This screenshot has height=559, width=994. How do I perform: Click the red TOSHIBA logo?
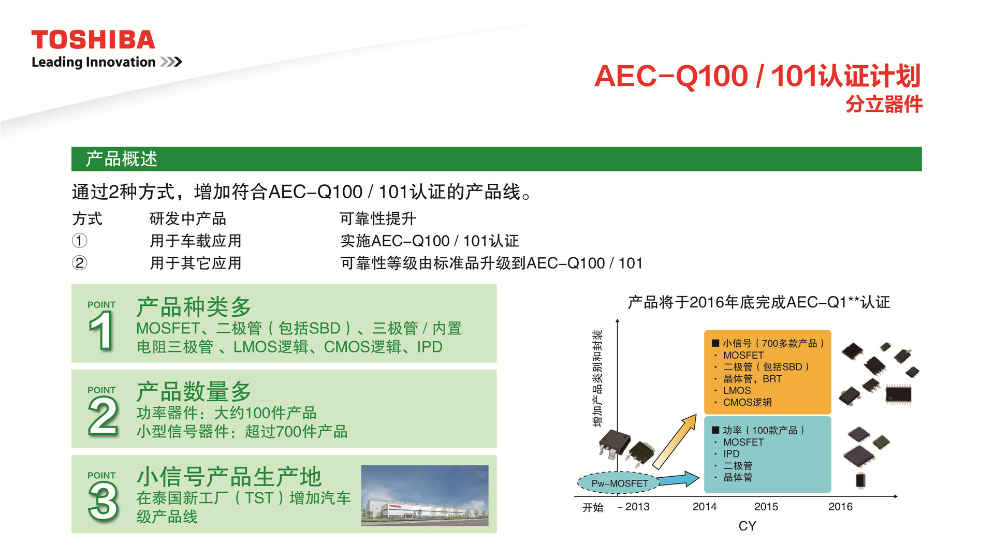point(93,40)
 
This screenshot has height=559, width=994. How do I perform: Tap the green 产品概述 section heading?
point(121,159)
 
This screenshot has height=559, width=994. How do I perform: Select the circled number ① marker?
point(79,241)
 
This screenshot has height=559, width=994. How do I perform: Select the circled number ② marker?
point(79,263)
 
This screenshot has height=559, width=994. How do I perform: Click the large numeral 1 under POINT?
point(101,331)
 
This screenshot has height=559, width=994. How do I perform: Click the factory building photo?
point(425,495)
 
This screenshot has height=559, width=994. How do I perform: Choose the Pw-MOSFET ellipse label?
point(619,483)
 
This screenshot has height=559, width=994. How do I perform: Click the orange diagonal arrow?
point(675,441)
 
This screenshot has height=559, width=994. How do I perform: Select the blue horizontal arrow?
point(679,479)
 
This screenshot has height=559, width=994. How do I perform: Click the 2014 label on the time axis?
point(705,507)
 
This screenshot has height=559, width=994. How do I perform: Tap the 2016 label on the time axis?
point(840,507)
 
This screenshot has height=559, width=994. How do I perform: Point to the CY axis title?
point(747,526)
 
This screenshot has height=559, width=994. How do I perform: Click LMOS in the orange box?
point(737,391)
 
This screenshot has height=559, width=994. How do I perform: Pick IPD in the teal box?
point(732,454)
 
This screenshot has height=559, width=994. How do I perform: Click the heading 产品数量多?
point(194,392)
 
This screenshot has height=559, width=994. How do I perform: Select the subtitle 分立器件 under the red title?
point(884,105)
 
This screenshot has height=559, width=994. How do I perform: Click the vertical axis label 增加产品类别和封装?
point(598,378)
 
